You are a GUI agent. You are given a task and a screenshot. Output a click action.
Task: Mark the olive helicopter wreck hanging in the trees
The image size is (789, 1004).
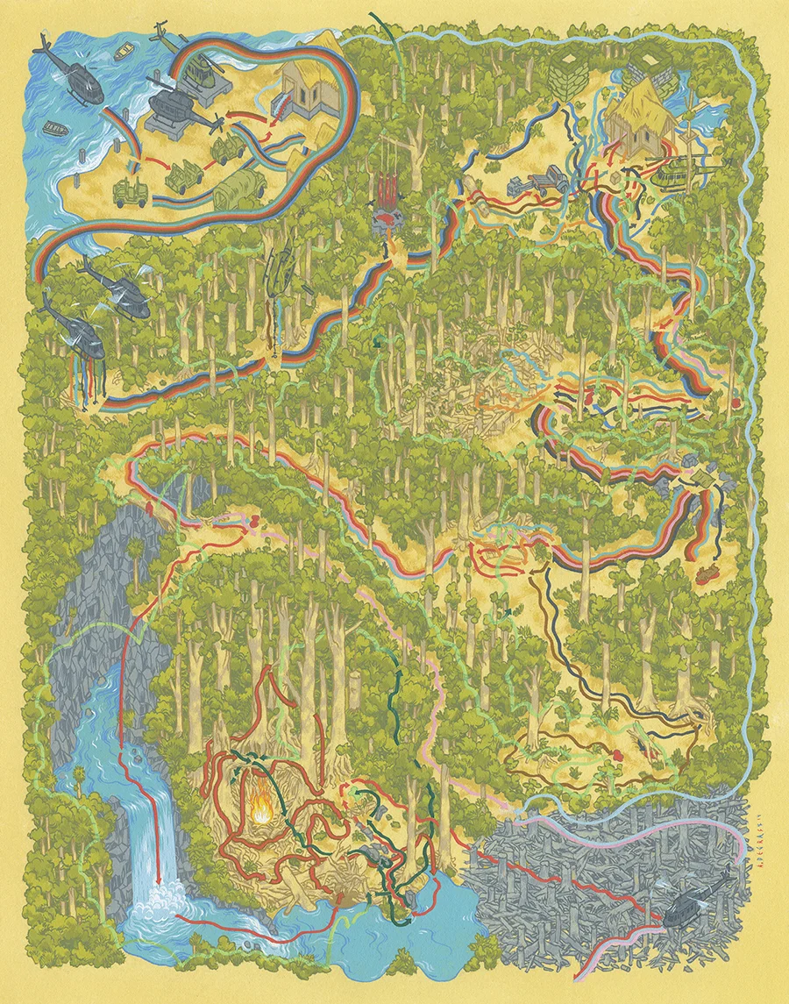click(281, 267)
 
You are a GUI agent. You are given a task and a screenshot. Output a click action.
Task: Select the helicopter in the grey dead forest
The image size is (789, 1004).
click(693, 908)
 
